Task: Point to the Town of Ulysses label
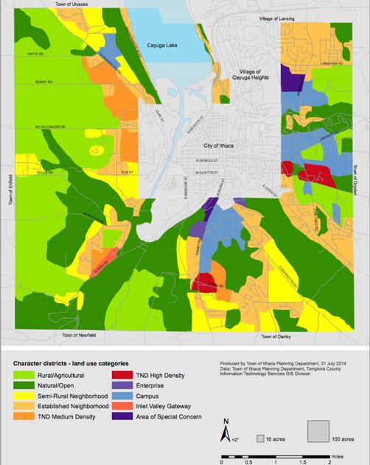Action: click(x=71, y=4)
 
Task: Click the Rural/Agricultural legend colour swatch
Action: click(x=24, y=375)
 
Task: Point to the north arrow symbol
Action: click(x=227, y=433)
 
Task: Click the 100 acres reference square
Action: click(x=317, y=430)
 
